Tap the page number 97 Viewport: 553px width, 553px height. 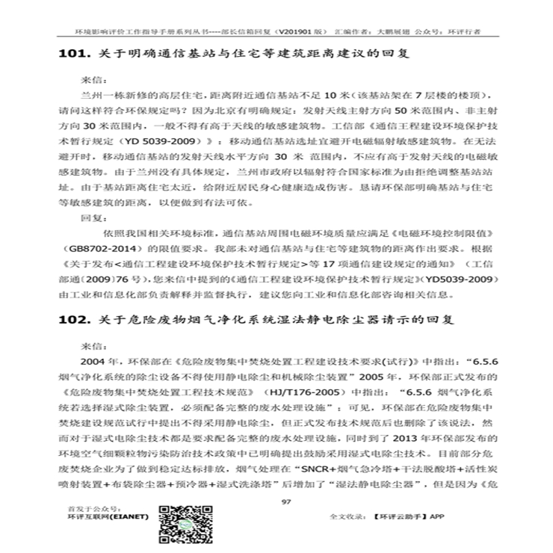coord(285,501)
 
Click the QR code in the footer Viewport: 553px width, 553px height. coord(179,526)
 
